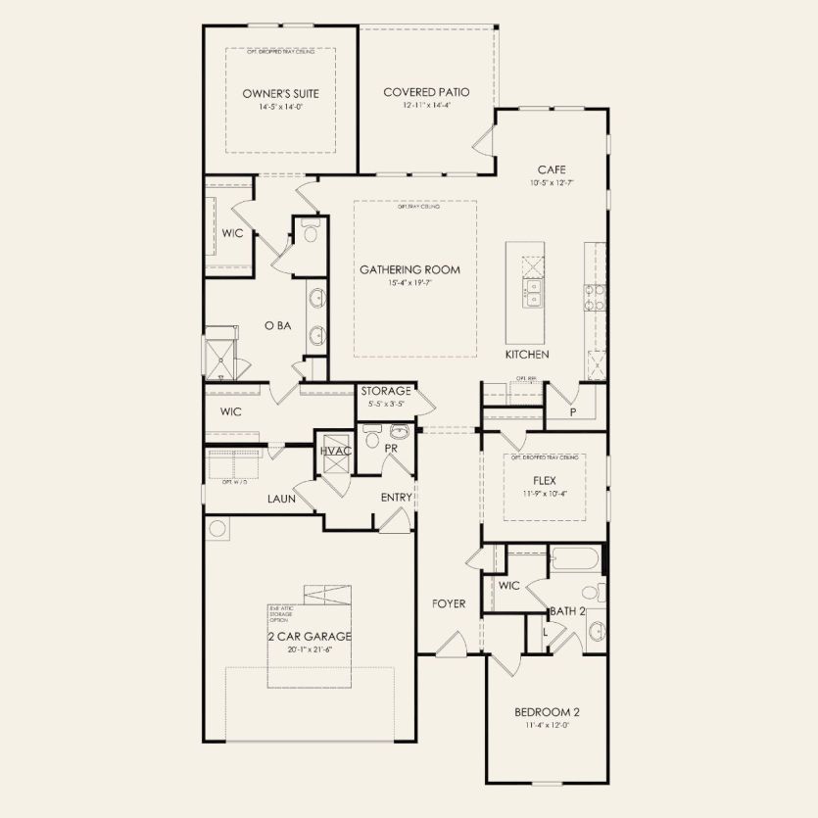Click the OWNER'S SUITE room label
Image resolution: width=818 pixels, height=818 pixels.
[x=280, y=94]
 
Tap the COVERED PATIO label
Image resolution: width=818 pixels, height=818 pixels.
[x=426, y=92]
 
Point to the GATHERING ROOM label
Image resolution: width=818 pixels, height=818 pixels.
[x=409, y=269]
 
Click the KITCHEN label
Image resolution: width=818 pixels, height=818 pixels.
[x=527, y=354]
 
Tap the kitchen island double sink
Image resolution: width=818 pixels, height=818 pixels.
[x=532, y=292]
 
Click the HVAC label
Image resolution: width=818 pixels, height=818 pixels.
[x=335, y=451]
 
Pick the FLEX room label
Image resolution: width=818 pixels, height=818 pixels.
[x=545, y=481]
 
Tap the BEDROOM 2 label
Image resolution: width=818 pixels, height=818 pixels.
[x=546, y=712]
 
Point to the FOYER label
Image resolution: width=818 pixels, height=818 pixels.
[x=449, y=604]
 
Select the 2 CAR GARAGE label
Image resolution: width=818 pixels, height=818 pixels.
[x=310, y=636]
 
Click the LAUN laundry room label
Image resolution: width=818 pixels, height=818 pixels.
[x=282, y=499]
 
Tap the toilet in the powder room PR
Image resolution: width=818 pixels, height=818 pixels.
[x=370, y=440]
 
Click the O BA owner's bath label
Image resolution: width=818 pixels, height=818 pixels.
[x=277, y=325]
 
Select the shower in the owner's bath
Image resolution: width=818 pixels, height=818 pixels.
[x=220, y=360]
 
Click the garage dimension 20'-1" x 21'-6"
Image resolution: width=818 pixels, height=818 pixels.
[x=310, y=649]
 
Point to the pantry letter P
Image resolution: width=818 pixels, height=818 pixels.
[x=573, y=412]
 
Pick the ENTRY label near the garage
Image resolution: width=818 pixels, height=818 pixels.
[x=396, y=498]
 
